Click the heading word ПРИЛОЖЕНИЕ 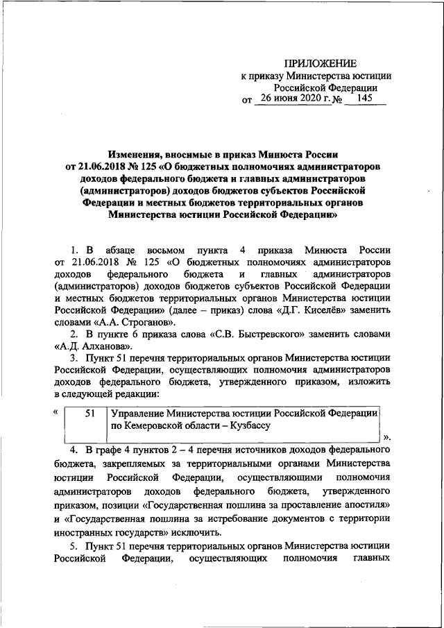click(324, 63)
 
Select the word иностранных click(82, 532)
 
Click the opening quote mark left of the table click(55, 412)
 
